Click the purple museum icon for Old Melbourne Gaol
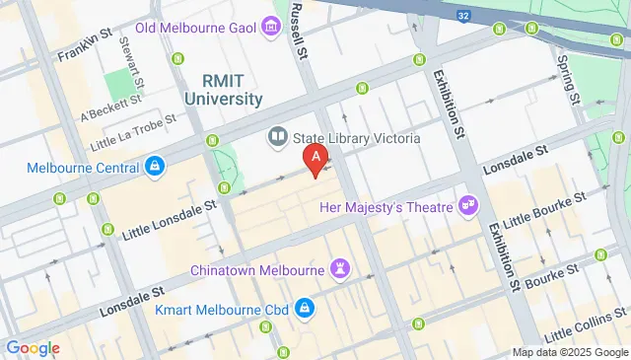click(x=270, y=27)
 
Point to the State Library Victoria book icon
click(x=277, y=136)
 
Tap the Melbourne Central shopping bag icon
click(x=154, y=168)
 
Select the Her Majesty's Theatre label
click(x=386, y=207)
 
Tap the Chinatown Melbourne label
click(x=257, y=268)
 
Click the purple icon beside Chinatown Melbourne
click(x=341, y=268)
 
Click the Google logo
click(x=33, y=347)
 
